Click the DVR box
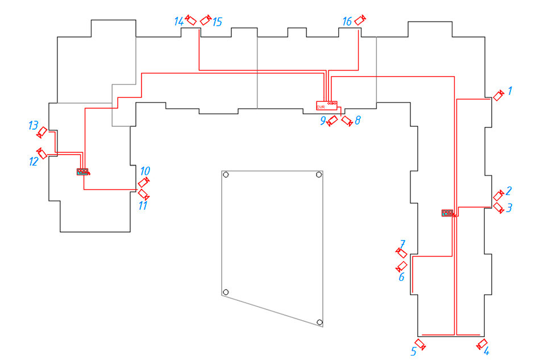(x=326, y=105)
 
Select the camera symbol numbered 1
(x=499, y=95)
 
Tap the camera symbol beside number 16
(x=360, y=20)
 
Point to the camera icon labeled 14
(x=190, y=20)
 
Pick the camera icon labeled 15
(x=206, y=20)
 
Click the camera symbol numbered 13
(x=41, y=133)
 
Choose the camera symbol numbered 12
(x=41, y=154)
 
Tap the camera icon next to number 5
(x=420, y=344)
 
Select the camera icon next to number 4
(x=482, y=344)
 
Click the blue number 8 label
(x=358, y=120)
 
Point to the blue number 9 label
(x=323, y=121)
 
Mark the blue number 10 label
(x=145, y=171)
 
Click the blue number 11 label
(x=143, y=206)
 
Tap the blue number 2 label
(x=509, y=191)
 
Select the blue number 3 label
(x=509, y=208)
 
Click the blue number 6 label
(x=401, y=276)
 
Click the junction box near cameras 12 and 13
(x=83, y=172)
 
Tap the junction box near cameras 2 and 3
(x=448, y=213)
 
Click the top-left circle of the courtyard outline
(x=226, y=175)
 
